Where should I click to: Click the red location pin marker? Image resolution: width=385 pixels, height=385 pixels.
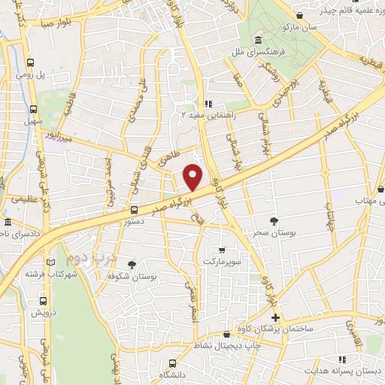tap(193, 177)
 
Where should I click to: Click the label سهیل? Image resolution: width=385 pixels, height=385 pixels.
tap(32, 120)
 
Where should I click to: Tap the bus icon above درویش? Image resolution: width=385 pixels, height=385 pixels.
tap(42, 301)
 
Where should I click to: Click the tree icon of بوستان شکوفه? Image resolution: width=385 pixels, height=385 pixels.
tap(132, 265)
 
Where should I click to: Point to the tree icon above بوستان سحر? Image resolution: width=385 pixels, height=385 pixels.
tap(276, 220)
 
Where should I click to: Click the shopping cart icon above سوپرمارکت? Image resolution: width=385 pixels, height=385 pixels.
tap(221, 250)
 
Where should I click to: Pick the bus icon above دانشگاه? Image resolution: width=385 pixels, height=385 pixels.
tap(173, 363)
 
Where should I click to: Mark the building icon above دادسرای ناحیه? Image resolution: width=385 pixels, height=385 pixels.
tap(8, 223)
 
